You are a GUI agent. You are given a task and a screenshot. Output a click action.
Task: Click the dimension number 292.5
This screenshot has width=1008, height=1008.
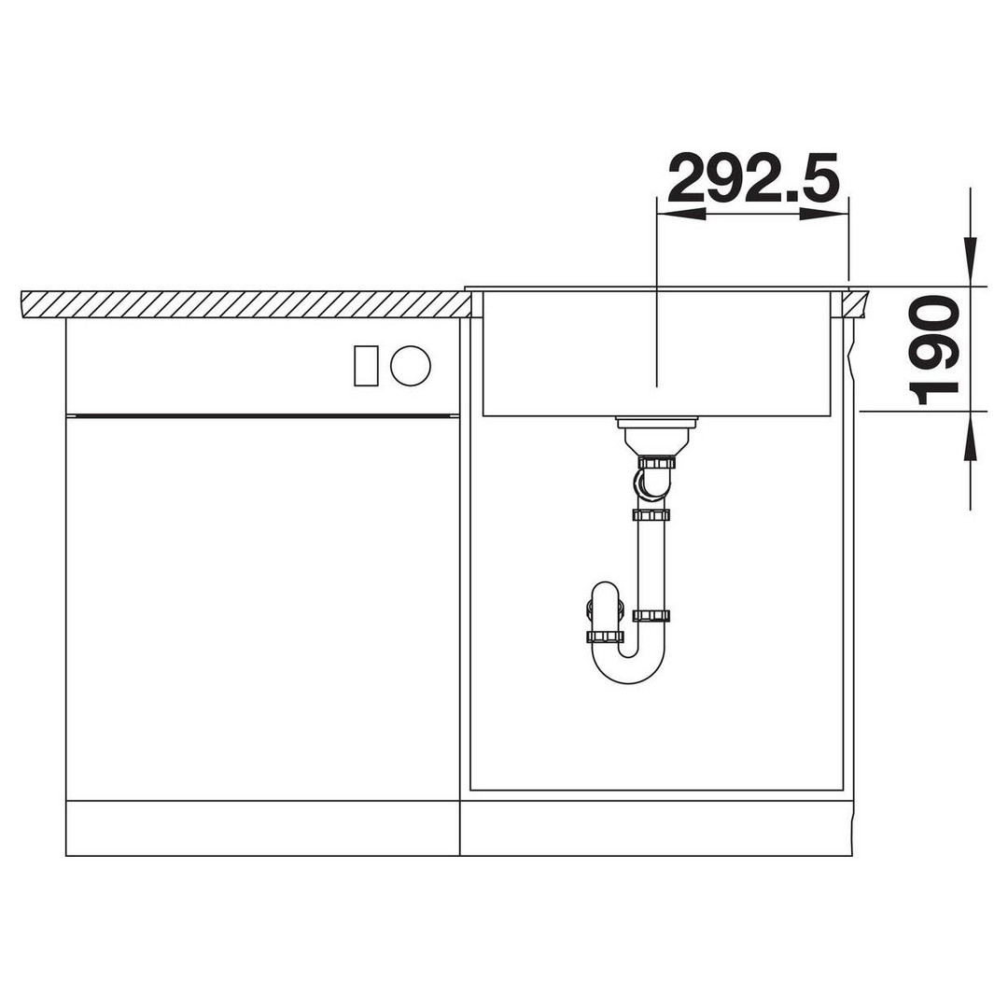753,177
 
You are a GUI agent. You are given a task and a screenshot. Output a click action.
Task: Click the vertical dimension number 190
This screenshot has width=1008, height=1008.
934,350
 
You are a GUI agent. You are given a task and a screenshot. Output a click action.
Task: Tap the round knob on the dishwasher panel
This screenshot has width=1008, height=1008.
410,366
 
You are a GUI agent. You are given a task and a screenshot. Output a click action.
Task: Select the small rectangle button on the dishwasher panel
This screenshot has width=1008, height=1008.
366,366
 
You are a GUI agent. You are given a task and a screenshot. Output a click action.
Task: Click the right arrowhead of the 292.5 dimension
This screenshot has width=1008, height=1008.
824,215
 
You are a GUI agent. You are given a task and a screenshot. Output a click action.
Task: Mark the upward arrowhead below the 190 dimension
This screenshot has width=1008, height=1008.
970,436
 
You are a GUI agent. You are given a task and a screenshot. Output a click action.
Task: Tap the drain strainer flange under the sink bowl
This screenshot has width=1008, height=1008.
656,423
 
